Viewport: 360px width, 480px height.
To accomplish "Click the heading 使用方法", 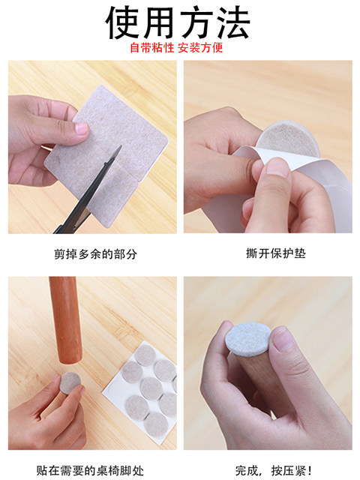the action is pyautogui.click(x=178, y=22).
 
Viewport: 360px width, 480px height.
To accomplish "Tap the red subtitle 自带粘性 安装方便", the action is pyautogui.click(x=176, y=48).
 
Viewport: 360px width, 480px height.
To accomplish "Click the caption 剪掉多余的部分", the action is pyautogui.click(x=95, y=254).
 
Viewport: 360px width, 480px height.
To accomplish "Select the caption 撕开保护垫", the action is pyautogui.click(x=276, y=253).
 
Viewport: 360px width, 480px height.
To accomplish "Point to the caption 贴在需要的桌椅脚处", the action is pyautogui.click(x=90, y=470).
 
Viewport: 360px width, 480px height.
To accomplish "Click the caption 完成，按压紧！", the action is pyautogui.click(x=274, y=470).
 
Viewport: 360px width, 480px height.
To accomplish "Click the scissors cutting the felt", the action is pyautogui.click(x=88, y=193).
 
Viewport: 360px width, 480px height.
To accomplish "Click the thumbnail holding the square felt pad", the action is pyautogui.click(x=81, y=128).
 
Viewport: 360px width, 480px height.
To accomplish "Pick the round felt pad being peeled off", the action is pyautogui.click(x=288, y=139).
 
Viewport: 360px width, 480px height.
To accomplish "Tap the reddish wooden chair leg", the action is pyautogui.click(x=65, y=320).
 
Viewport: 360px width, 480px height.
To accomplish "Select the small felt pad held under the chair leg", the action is pyautogui.click(x=70, y=382).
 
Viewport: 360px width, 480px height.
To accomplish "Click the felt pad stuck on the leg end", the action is pyautogui.click(x=248, y=339).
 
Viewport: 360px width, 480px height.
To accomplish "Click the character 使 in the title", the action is pyautogui.click(x=122, y=22).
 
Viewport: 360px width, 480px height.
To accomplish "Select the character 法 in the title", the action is pyautogui.click(x=233, y=22).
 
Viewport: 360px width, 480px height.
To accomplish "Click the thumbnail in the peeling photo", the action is pyautogui.click(x=277, y=168).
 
